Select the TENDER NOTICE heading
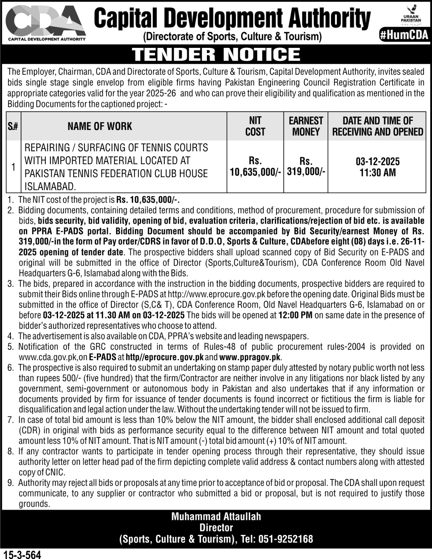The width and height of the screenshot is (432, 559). coord(216,54)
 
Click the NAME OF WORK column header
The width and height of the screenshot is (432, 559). coord(100,126)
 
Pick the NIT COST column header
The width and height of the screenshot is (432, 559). coord(255,126)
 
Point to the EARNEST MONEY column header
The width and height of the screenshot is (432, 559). coord(306,126)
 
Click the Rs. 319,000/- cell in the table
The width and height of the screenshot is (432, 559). coord(306,166)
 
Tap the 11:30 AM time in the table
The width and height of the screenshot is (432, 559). coord(377,173)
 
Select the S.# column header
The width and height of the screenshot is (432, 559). coord(13,126)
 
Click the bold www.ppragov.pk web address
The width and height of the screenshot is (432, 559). coord(250,357)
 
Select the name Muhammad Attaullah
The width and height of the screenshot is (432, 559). coord(216,516)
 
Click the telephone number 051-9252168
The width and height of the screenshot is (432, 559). coord(286,539)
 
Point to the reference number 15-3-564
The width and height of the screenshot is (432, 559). coord(22,554)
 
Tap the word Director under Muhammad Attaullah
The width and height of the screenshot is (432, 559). coord(216,528)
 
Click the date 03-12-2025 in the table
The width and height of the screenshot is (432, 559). coord(377,161)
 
